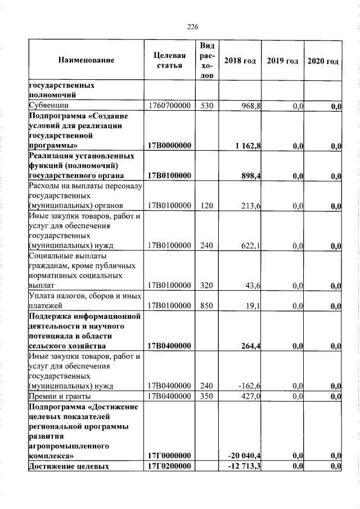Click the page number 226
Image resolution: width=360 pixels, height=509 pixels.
tap(192, 27)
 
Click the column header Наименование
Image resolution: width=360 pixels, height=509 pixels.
tap(85, 60)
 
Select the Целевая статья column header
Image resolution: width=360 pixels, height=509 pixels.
tap(169, 60)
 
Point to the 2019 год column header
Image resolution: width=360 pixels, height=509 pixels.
tap(282, 60)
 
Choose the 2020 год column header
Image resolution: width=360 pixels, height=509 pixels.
tap(323, 60)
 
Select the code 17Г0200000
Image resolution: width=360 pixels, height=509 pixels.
tap(169, 466)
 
